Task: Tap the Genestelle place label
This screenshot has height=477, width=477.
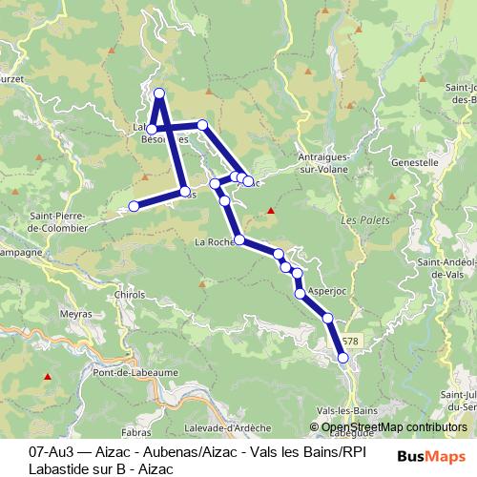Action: click(413, 162)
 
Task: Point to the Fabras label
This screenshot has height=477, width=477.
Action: click(136, 418)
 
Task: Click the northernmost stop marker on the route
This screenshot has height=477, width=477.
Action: click(159, 93)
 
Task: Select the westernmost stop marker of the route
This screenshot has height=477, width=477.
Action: click(135, 205)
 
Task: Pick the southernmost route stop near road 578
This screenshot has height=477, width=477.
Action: click(343, 357)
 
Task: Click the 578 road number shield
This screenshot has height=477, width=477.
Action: click(350, 341)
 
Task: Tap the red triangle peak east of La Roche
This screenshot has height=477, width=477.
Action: click(271, 211)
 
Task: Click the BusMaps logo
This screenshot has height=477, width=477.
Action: click(432, 456)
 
